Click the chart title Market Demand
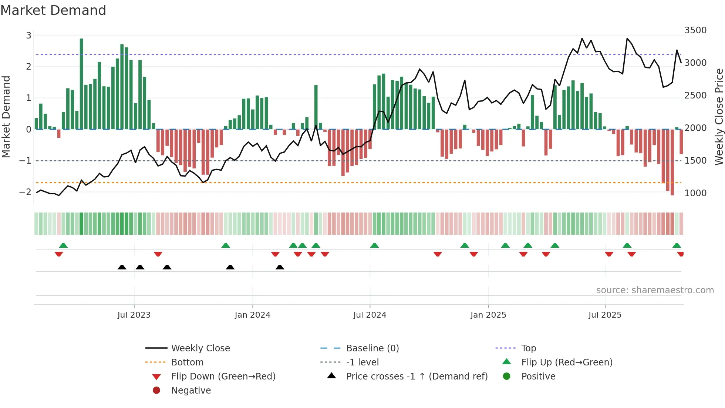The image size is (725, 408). (x=53, y=10)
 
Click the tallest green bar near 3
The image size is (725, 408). (x=81, y=83)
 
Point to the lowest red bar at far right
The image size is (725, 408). (x=672, y=163)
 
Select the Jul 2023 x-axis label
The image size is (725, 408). (x=134, y=315)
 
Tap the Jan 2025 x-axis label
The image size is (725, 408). (x=488, y=315)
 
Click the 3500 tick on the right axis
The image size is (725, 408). (x=695, y=30)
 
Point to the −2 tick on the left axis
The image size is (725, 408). (x=26, y=192)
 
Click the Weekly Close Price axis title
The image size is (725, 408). (x=719, y=117)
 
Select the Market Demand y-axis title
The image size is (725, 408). (x=6, y=117)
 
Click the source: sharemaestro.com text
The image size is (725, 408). (x=655, y=290)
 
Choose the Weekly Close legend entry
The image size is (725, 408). (x=200, y=348)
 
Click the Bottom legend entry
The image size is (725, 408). (x=187, y=362)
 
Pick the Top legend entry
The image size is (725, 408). (x=529, y=348)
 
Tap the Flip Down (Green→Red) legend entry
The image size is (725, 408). (x=223, y=377)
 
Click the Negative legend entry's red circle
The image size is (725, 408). (x=156, y=391)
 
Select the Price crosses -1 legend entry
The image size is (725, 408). (x=417, y=377)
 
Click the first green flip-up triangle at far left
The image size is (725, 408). (x=63, y=245)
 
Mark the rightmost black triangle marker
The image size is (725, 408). (x=280, y=267)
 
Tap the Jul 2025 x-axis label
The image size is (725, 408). (x=605, y=315)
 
